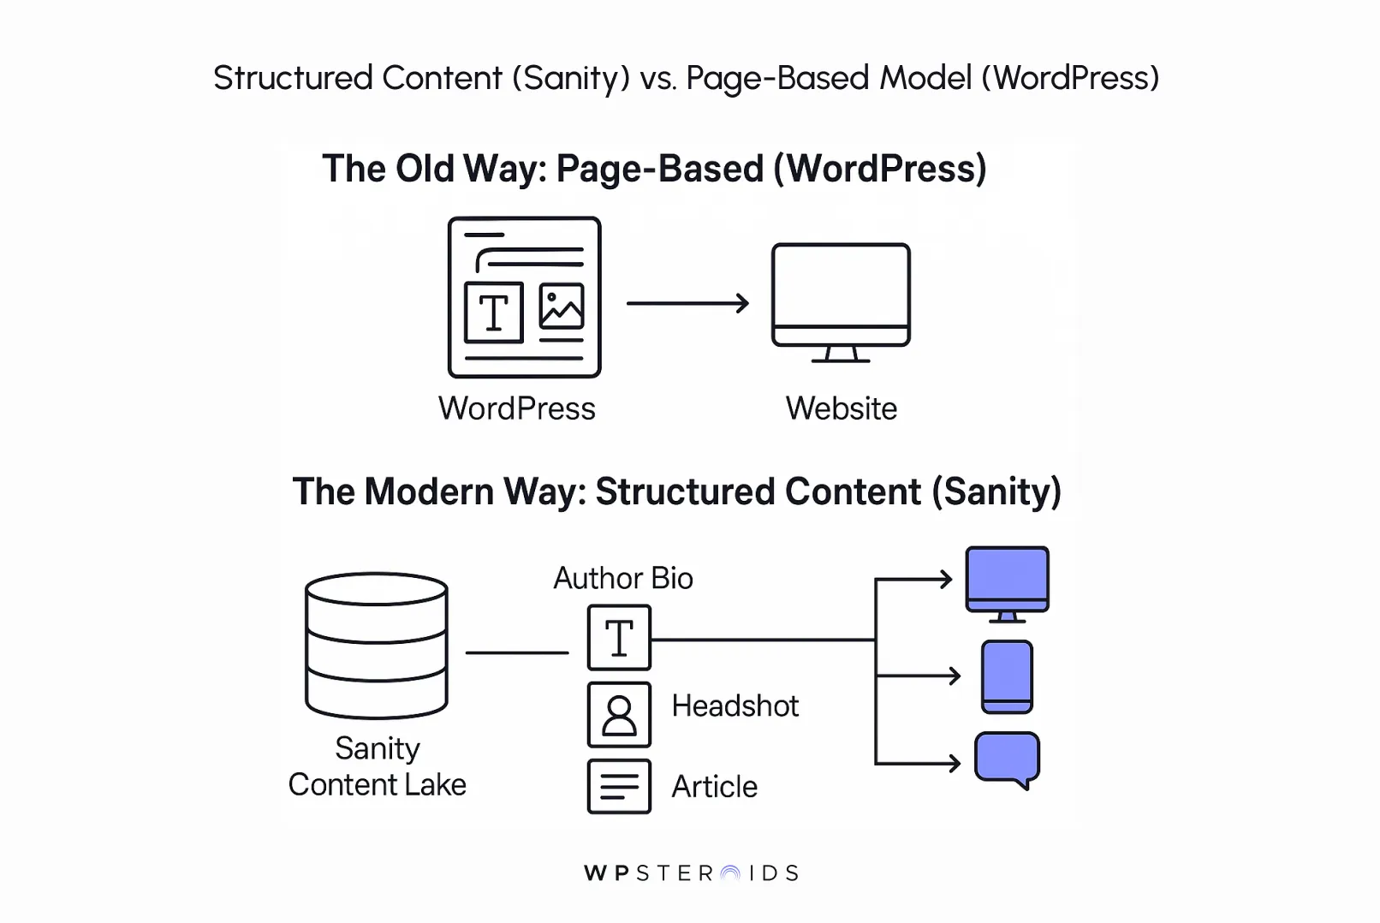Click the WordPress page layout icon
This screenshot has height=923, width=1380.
pos(524,296)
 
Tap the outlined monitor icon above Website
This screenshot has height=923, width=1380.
pos(841,295)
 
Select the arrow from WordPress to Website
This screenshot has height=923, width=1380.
pos(687,303)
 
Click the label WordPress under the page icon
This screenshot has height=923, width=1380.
pos(516,408)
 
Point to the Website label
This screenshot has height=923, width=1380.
pos(841,408)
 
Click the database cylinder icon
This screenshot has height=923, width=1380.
pos(377,645)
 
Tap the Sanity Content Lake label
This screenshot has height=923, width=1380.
pos(377,766)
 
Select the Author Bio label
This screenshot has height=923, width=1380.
pos(622,578)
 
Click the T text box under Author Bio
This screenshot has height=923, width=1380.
pos(619,638)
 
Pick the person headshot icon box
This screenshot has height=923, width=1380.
pos(619,714)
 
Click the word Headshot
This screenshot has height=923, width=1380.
pos(735,706)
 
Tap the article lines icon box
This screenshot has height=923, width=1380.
pos(619,786)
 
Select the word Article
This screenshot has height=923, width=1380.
pos(714,786)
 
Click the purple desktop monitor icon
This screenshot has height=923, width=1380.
pos(1007,581)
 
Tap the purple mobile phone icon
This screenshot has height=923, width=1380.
pos(1007,676)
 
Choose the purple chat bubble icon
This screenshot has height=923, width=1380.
pos(1007,758)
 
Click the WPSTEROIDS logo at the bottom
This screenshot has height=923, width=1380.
pos(690,872)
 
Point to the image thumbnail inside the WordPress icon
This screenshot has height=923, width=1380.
pos(562,306)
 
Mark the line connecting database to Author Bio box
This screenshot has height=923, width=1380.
pos(516,652)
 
